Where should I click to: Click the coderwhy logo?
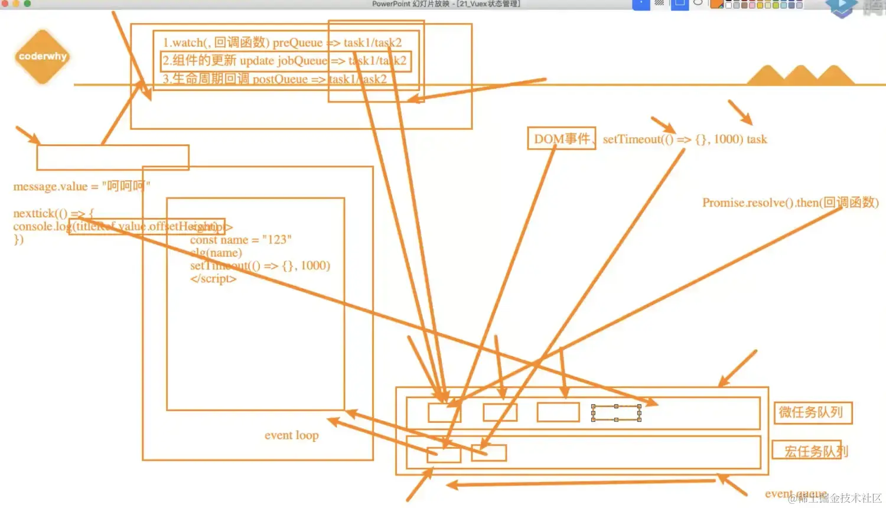[42, 57]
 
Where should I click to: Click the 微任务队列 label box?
[813, 412]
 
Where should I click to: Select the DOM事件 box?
[561, 139]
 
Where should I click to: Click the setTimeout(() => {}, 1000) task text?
[685, 139]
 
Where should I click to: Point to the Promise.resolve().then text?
[790, 203]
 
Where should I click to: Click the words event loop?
[291, 435]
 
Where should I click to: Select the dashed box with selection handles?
[616, 413]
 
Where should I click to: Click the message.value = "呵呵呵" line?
[82, 186]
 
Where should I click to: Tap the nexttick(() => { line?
[53, 213]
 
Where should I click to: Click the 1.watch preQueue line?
[282, 43]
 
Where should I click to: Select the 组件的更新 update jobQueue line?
[284, 60]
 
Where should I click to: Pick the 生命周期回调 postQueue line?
[275, 79]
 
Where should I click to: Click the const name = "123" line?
[240, 240]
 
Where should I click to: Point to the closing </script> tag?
[213, 279]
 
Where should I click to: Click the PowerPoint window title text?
[446, 4]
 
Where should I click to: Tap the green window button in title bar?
[27, 4]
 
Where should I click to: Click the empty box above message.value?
[112, 157]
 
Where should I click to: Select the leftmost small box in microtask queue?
[444, 412]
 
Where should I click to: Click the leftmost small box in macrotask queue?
[444, 454]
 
